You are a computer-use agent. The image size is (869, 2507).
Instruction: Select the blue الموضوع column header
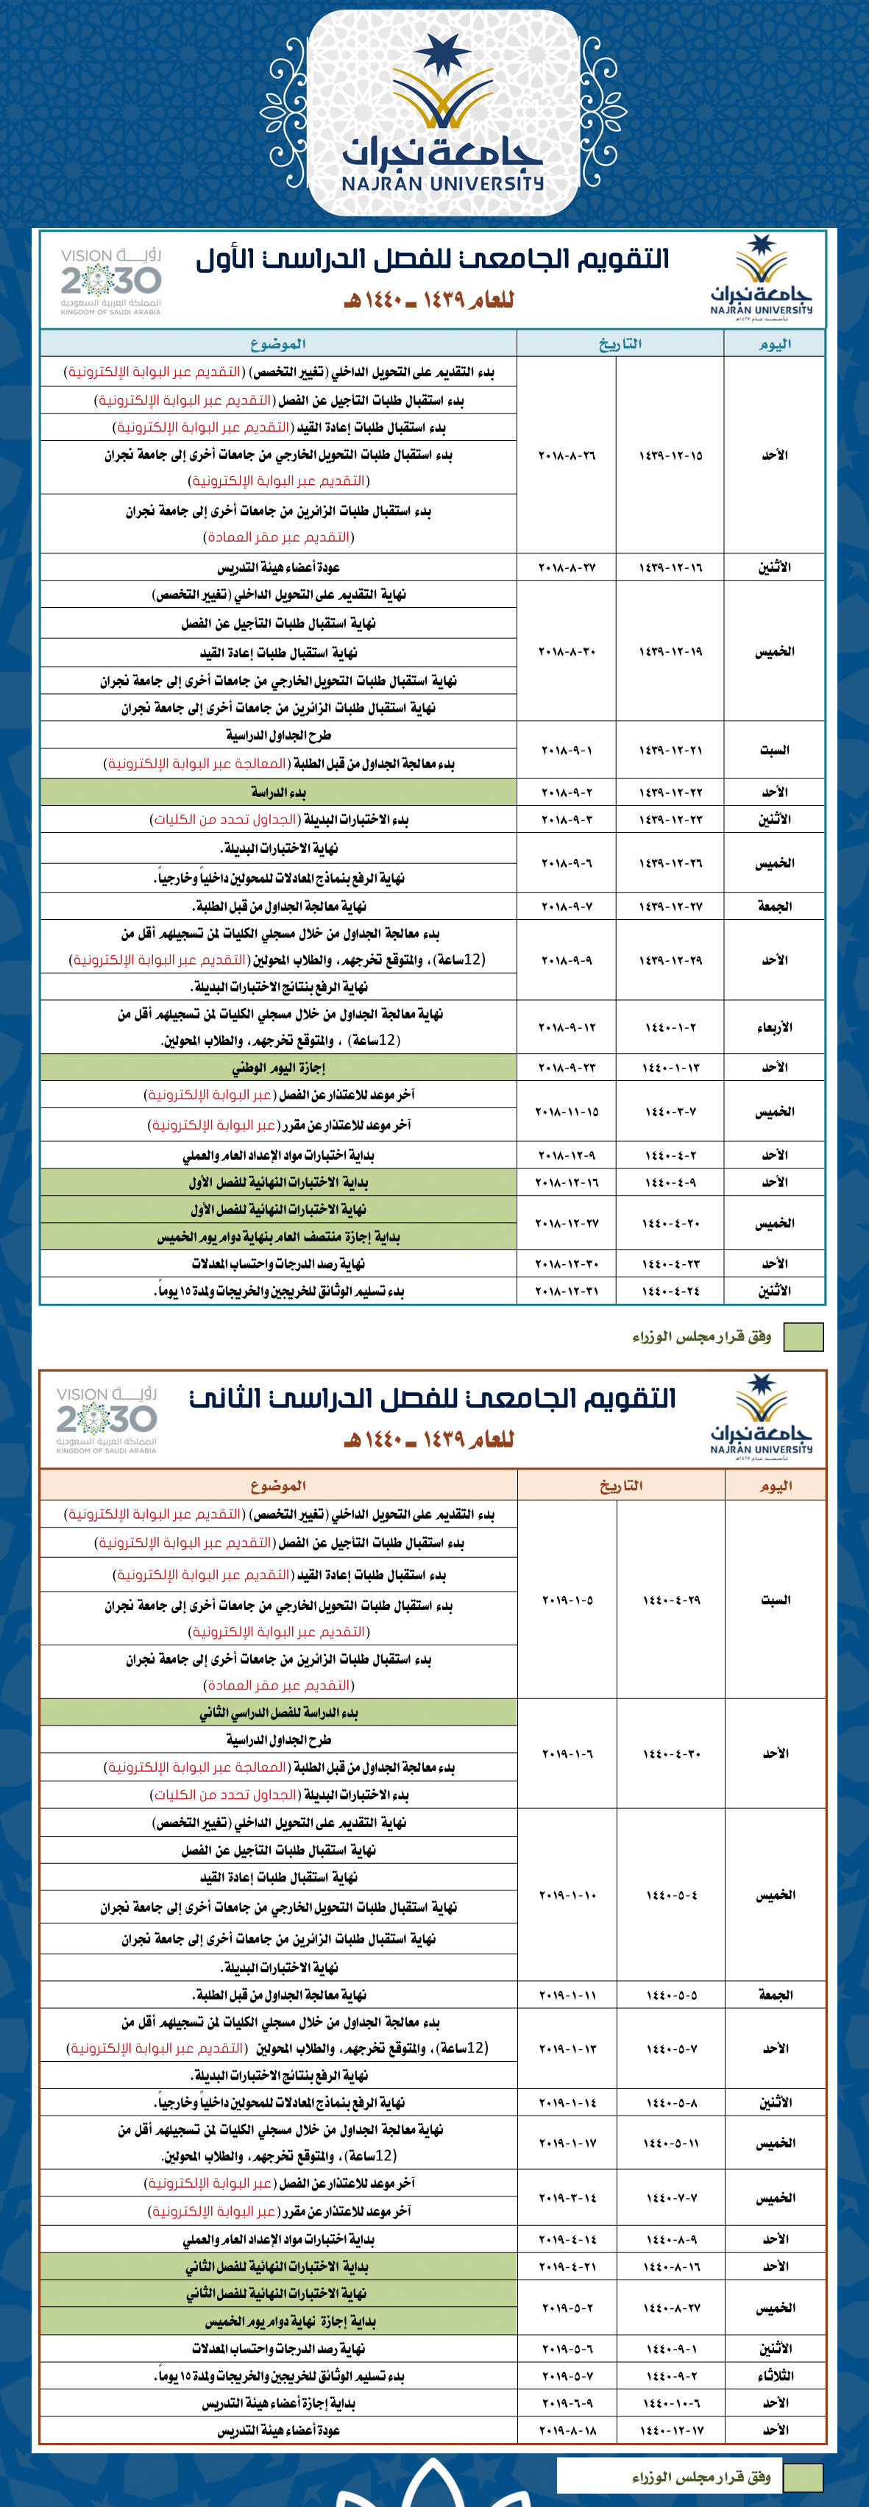tap(278, 344)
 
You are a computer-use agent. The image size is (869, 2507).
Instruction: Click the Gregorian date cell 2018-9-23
tap(567, 1068)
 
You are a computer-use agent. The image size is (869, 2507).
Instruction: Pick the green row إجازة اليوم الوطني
tap(278, 1068)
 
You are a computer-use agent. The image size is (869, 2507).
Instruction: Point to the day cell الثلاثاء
tap(776, 2375)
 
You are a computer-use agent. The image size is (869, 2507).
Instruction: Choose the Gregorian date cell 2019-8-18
tap(567, 2430)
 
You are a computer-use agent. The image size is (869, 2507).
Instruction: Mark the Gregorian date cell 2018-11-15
tap(567, 1111)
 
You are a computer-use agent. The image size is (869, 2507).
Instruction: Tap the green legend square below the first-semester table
tap(803, 1337)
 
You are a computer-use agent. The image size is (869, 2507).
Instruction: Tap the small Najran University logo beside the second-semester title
tap(761, 1415)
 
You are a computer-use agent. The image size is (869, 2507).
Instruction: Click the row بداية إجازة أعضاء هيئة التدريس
tap(278, 2403)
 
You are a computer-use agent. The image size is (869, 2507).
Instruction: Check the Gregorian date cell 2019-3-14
tap(567, 2197)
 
